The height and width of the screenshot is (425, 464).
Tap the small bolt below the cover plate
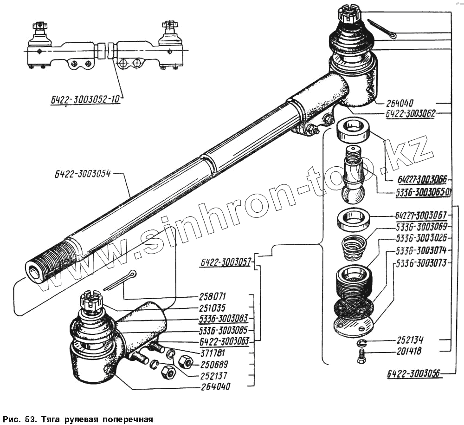click(361, 357)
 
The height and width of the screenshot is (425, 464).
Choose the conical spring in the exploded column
click(353, 247)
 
